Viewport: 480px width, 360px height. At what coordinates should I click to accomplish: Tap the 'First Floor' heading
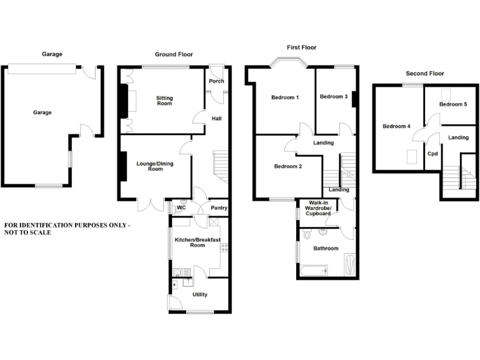coord(302,47)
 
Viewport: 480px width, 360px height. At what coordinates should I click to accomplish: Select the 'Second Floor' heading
coord(424,73)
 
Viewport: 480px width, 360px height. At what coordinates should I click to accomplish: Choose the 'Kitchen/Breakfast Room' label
coord(197,242)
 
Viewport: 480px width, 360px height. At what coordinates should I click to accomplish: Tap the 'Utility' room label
coord(200,294)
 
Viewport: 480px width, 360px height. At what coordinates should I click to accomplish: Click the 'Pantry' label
coord(219,208)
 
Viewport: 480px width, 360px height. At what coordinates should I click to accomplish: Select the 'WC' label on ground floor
coord(182,207)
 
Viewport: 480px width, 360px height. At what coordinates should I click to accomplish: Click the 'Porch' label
coord(216,81)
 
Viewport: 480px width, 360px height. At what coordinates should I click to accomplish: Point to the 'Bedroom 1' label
coord(284,97)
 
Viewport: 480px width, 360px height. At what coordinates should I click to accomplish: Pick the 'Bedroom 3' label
coord(333,96)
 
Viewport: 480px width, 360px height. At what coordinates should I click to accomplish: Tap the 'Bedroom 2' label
coord(288,166)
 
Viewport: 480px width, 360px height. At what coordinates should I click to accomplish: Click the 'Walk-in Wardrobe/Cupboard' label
coord(318,210)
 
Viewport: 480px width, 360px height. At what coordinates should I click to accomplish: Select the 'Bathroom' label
coord(326,248)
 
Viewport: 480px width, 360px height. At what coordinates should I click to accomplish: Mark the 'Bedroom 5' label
coord(453,104)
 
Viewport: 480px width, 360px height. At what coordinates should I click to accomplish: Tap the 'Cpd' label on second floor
coord(432,153)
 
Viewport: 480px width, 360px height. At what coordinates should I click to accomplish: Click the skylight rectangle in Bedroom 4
coord(412,156)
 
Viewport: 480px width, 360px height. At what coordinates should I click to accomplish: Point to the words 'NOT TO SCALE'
coord(27,232)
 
